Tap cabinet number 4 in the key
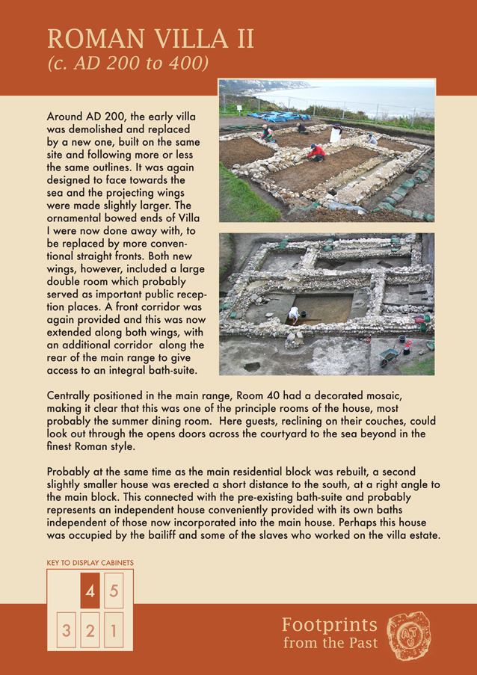90,592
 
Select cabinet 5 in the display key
114,591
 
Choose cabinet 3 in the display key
66,631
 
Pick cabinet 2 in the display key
90,631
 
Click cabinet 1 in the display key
114,631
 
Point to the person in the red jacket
317,153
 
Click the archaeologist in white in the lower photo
294,314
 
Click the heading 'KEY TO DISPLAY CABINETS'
90,562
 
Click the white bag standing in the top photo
336,135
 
